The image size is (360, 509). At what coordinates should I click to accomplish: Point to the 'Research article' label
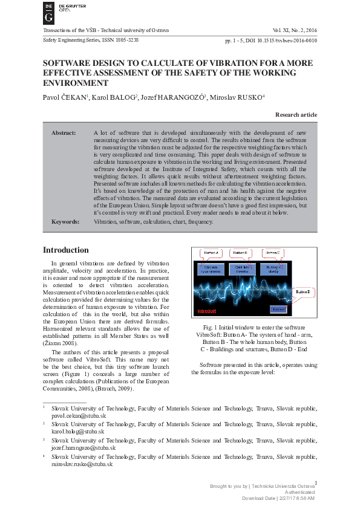coord(296,114)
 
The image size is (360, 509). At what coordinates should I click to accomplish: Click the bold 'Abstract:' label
coord(64,132)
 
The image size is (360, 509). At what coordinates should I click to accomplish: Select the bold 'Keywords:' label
coord(65,222)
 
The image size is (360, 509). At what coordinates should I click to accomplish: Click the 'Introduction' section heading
coord(65,250)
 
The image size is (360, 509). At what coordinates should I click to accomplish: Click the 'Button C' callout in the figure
coord(273,252)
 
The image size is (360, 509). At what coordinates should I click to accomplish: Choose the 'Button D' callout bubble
coord(303,293)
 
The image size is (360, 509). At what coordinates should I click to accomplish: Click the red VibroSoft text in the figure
coord(208,311)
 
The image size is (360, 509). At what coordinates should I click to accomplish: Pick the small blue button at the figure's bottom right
coord(278,309)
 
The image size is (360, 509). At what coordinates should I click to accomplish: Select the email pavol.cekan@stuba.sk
coord(79,417)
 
